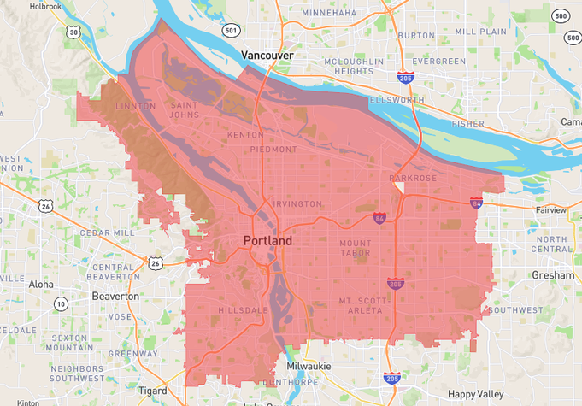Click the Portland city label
(x=267, y=241)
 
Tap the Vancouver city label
(x=267, y=56)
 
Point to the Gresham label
(x=552, y=276)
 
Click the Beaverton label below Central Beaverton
(x=115, y=296)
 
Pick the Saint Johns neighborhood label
(x=184, y=110)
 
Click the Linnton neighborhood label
(x=135, y=106)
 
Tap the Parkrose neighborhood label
(x=413, y=179)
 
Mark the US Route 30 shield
(x=74, y=32)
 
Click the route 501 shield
(x=231, y=31)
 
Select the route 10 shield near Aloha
(x=61, y=303)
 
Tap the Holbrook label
(x=45, y=6)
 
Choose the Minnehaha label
(x=329, y=14)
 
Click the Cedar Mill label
(x=107, y=232)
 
